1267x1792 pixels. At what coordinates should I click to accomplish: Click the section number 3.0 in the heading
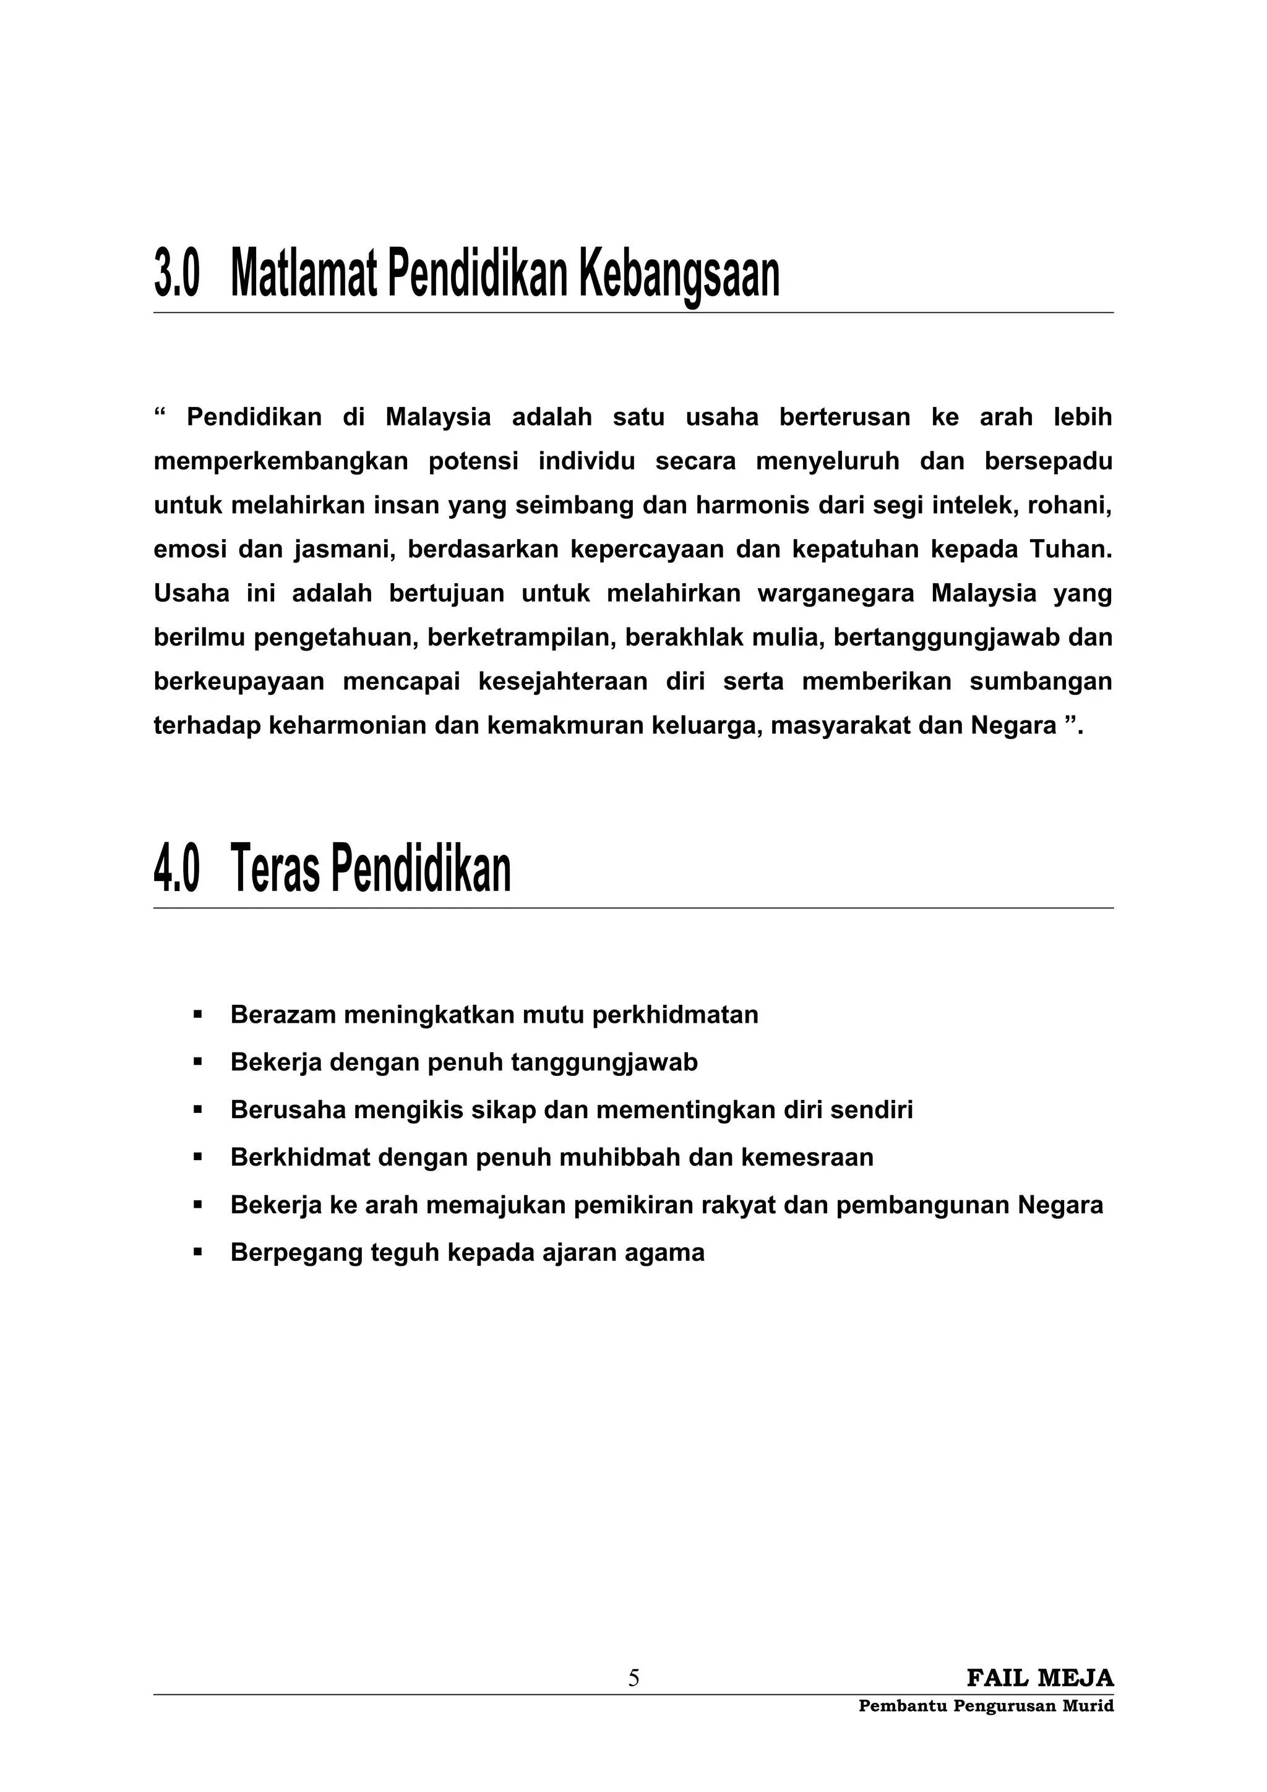(177, 274)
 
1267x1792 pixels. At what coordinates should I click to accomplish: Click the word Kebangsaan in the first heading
(679, 274)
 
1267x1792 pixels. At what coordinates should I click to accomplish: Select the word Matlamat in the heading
(304, 274)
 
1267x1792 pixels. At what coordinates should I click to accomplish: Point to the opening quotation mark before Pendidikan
(161, 413)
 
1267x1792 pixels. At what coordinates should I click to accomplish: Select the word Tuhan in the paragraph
(1070, 550)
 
